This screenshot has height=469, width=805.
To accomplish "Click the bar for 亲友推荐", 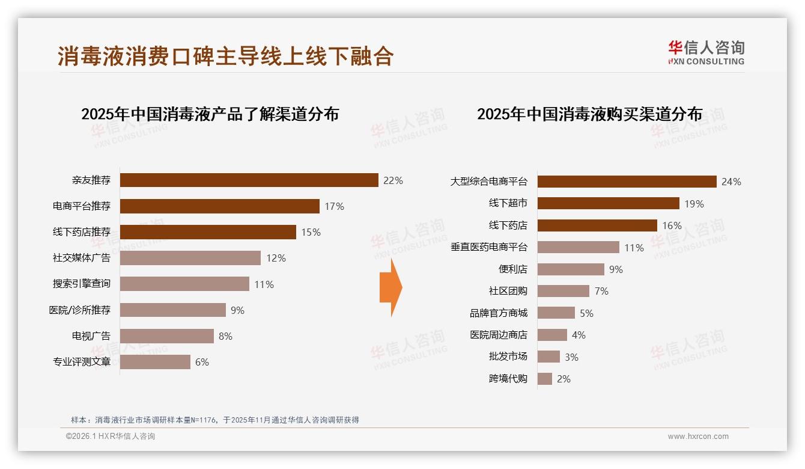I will pyautogui.click(x=249, y=180).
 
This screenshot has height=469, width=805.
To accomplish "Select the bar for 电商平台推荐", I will pyautogui.click(x=219, y=206).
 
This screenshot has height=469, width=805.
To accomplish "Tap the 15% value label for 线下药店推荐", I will pyautogui.click(x=311, y=232).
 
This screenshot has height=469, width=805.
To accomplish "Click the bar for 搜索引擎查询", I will pyautogui.click(x=184, y=284).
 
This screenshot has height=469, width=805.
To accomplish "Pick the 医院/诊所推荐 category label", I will pyautogui.click(x=79, y=310).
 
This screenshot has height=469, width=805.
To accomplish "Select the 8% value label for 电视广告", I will pyautogui.click(x=225, y=336).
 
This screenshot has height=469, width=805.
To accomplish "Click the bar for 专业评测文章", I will pyautogui.click(x=155, y=362).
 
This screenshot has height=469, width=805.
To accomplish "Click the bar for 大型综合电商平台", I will pyautogui.click(x=627, y=182).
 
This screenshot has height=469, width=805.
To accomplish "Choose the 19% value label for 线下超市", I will pyautogui.click(x=694, y=204).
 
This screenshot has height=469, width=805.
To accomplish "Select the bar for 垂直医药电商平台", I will pyautogui.click(x=578, y=247).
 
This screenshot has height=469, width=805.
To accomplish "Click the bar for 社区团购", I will pyautogui.click(x=563, y=291).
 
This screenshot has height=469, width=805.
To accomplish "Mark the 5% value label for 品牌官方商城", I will pyautogui.click(x=586, y=313).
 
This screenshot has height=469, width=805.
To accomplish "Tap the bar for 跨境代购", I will pyautogui.click(x=544, y=379).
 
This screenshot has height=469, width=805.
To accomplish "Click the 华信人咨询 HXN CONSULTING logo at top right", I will pyautogui.click(x=706, y=52).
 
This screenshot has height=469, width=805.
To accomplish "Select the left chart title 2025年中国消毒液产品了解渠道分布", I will pyautogui.click(x=210, y=114).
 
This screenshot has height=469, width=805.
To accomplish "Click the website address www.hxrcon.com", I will pyautogui.click(x=698, y=437).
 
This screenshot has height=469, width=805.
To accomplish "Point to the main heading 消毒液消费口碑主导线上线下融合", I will pyautogui.click(x=225, y=56).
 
